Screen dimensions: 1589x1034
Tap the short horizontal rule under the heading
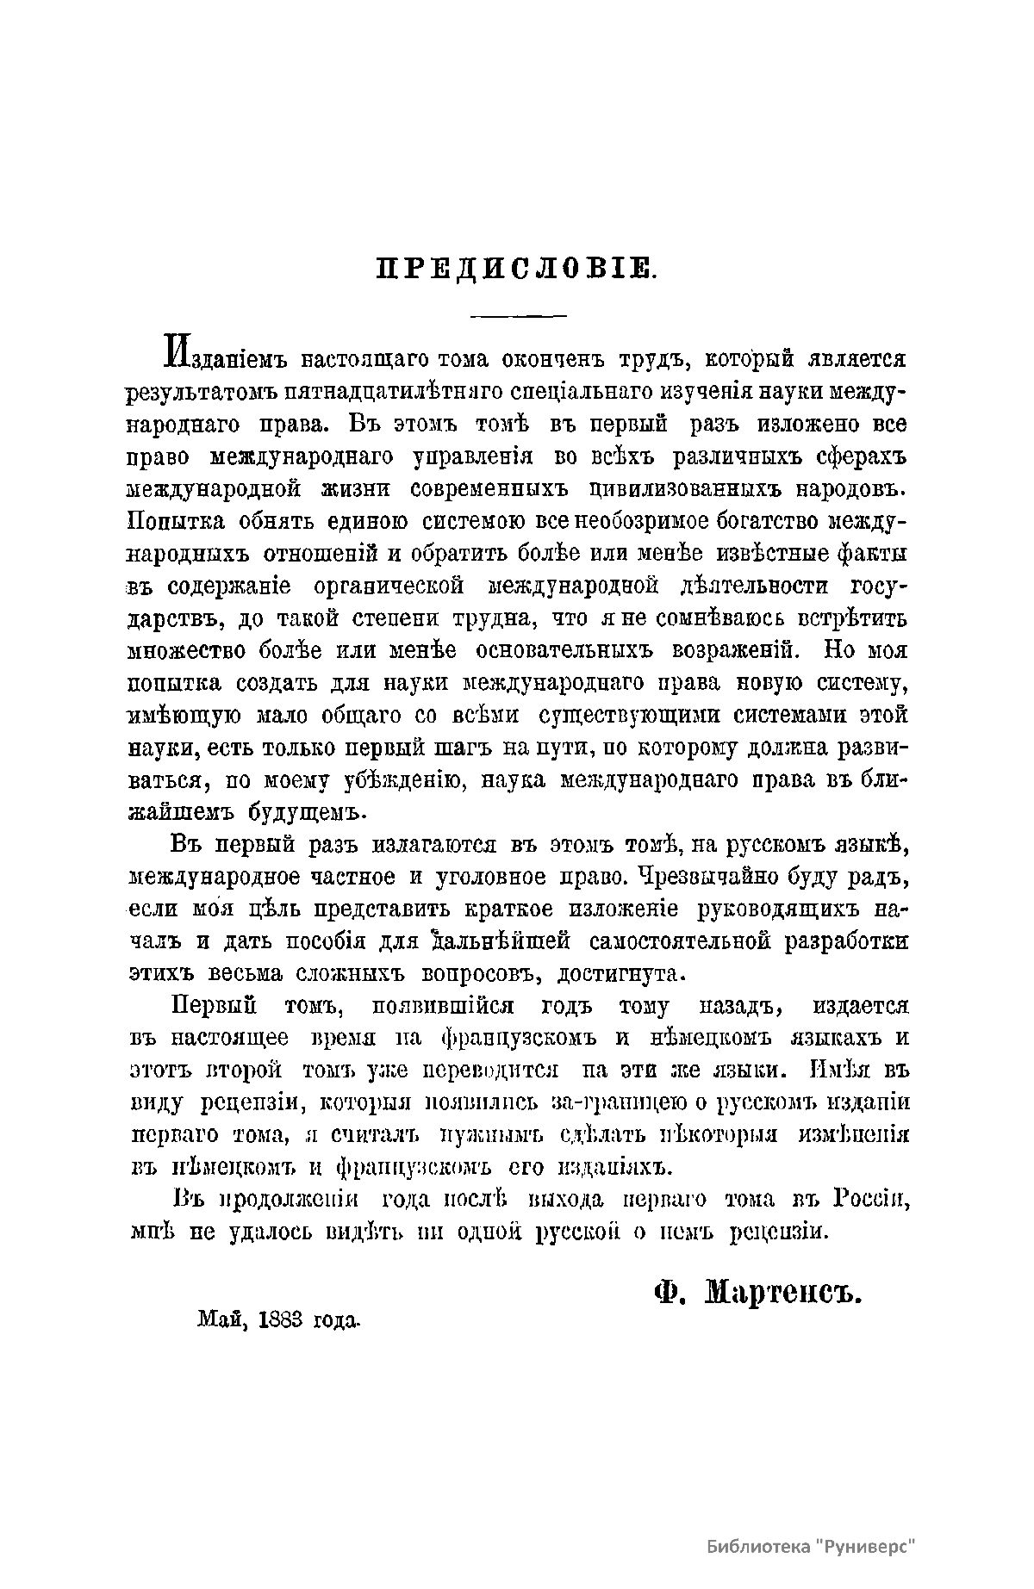[517, 316]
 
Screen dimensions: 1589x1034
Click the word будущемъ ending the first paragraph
[292, 813]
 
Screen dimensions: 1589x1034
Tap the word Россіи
[871, 1199]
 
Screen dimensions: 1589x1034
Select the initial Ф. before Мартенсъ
[669, 1294]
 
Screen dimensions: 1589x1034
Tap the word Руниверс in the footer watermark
[862, 1546]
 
